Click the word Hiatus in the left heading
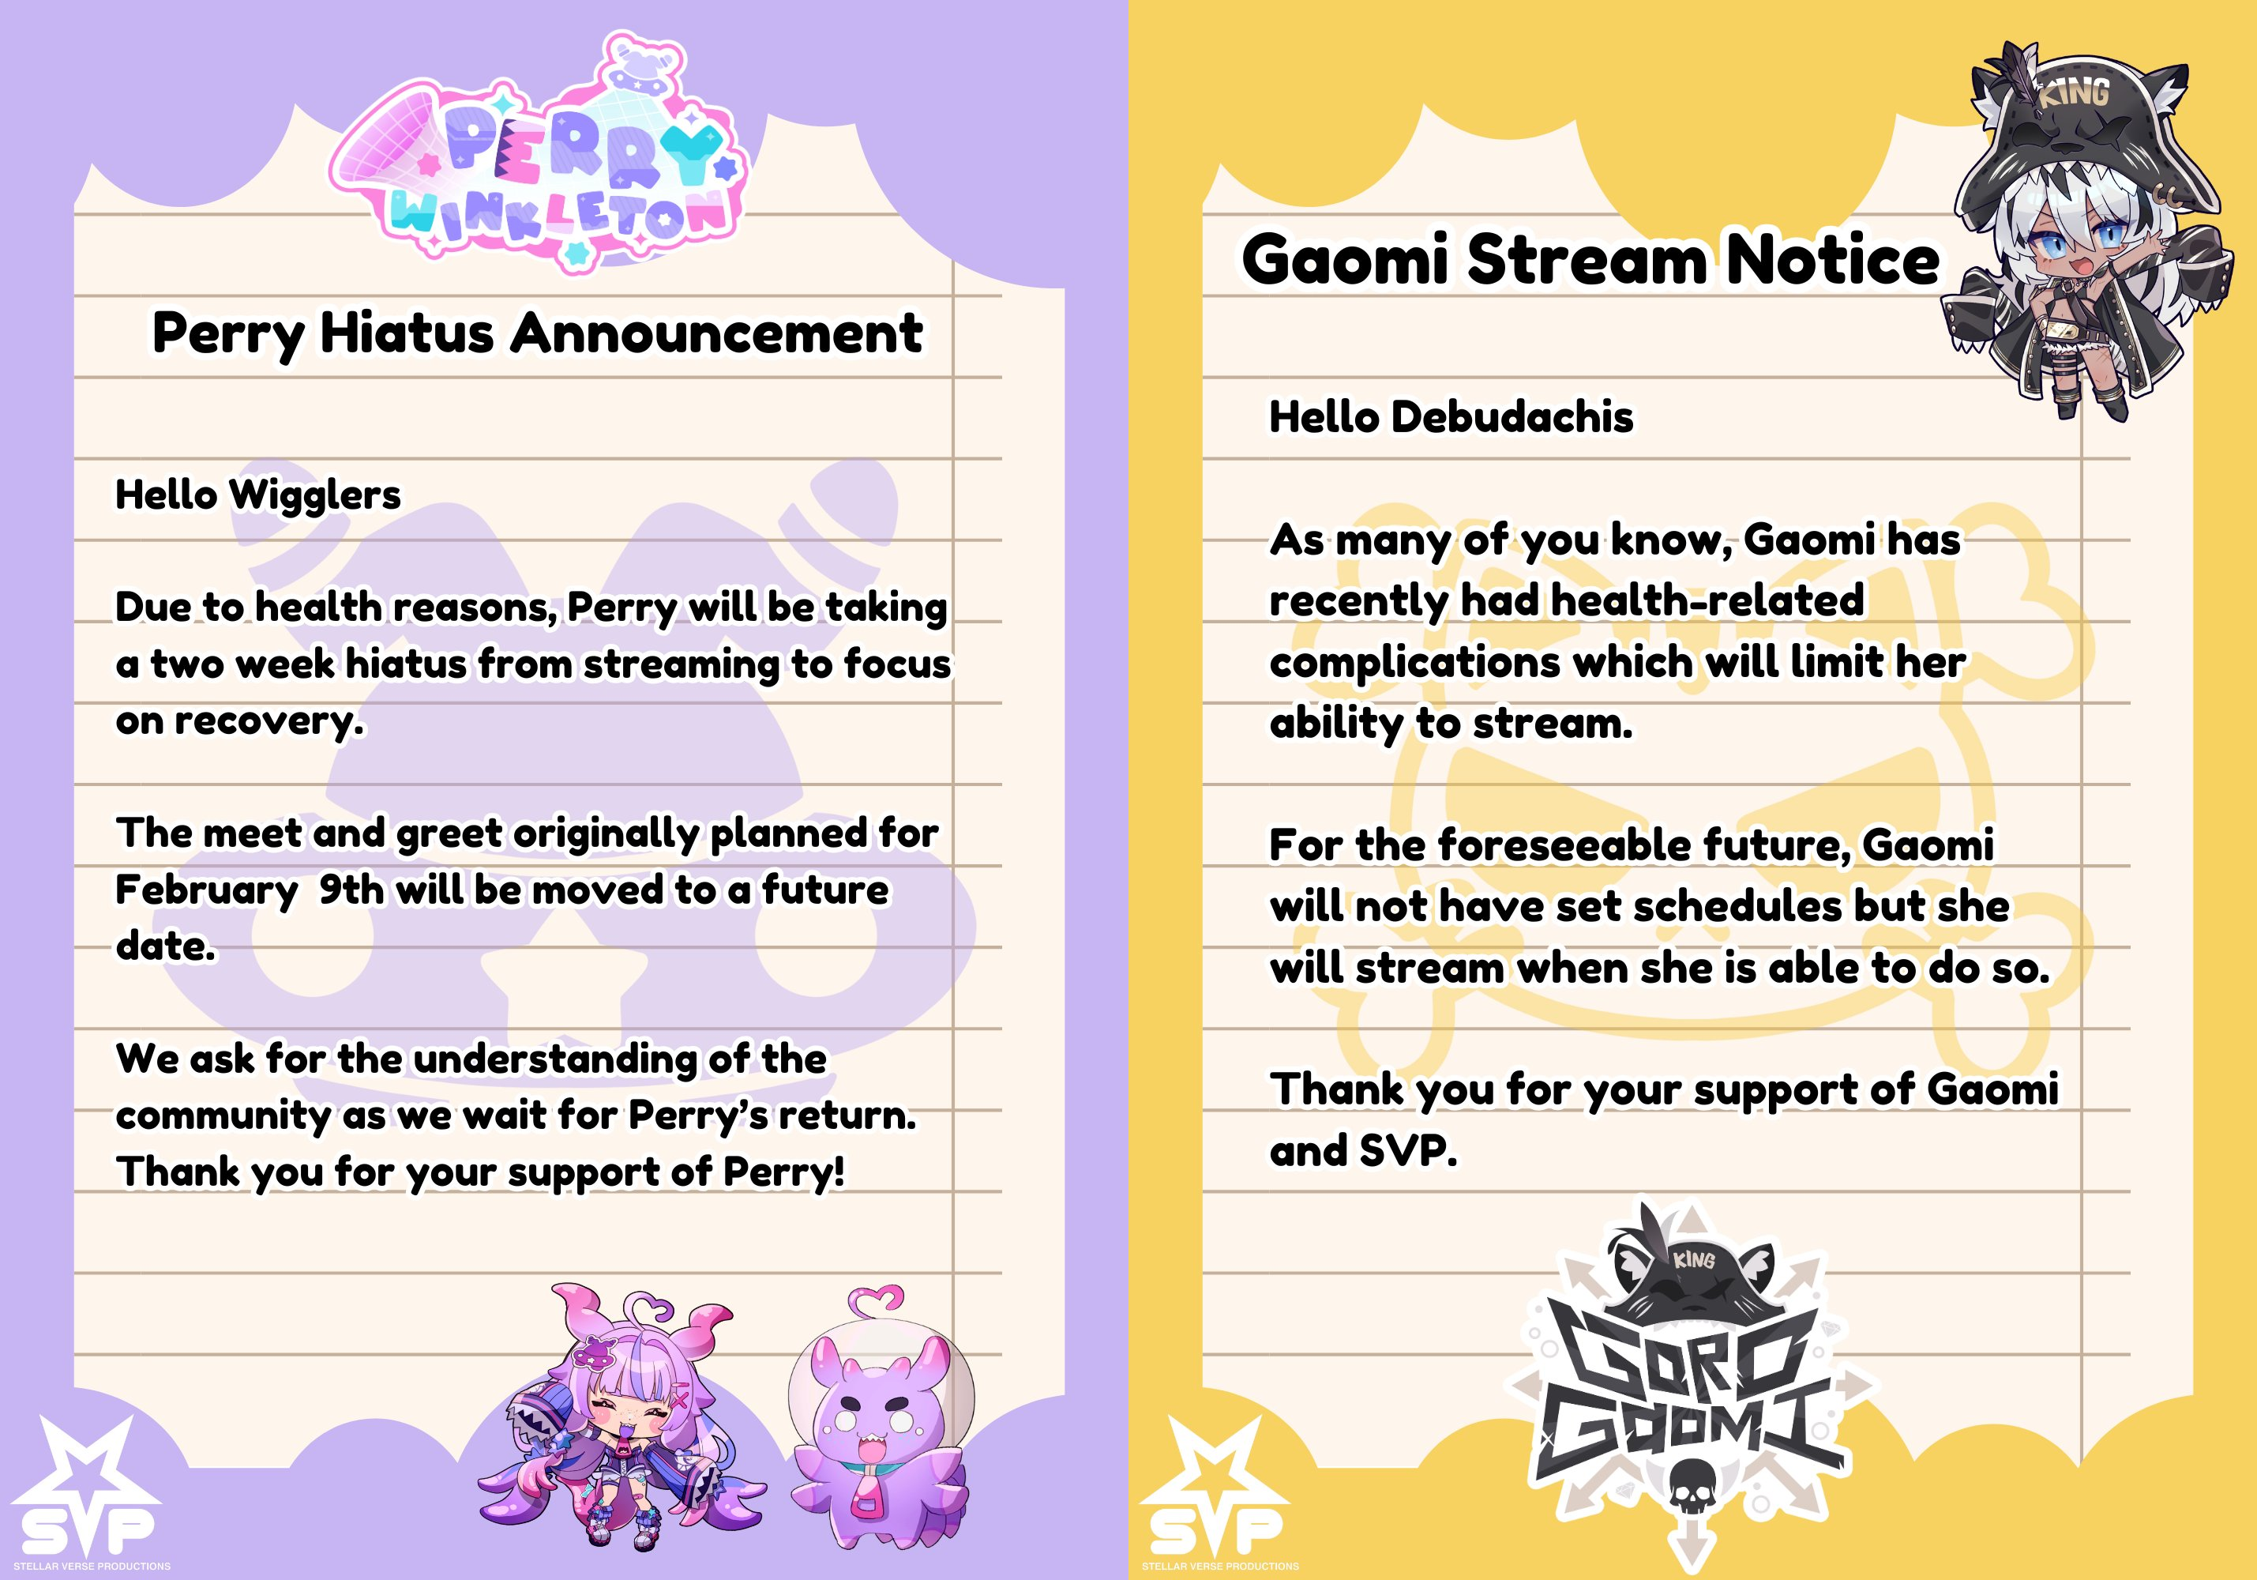pos(406,333)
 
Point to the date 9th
pos(351,889)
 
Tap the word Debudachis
pos(1512,417)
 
